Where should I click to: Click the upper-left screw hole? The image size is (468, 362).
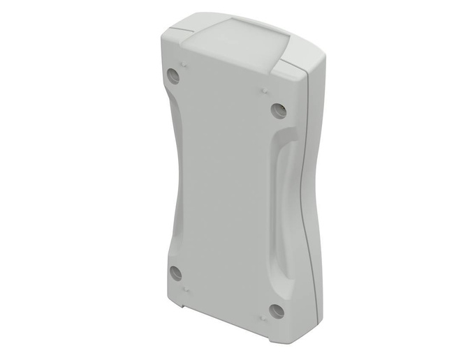tap(174, 75)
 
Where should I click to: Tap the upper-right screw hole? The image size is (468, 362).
tap(278, 110)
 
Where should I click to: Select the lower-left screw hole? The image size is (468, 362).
tap(176, 273)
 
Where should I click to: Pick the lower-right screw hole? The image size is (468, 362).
tap(277, 310)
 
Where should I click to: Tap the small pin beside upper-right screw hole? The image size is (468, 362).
tap(264, 90)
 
